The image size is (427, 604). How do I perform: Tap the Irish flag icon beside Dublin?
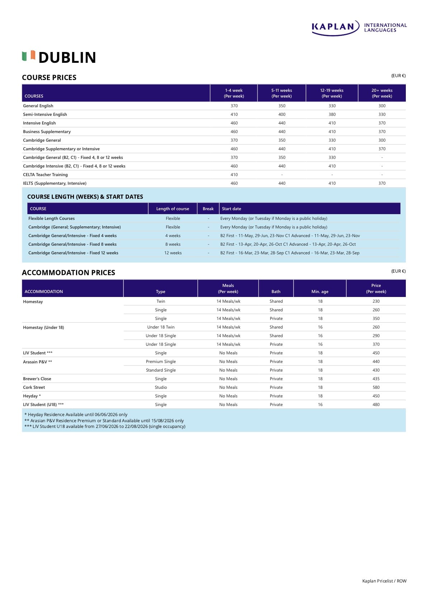click(x=29, y=56)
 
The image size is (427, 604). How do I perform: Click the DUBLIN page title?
click(x=67, y=57)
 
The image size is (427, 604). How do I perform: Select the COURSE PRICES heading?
click(x=49, y=77)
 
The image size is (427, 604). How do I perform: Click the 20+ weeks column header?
click(x=382, y=93)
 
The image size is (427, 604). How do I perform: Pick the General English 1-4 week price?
click(x=234, y=106)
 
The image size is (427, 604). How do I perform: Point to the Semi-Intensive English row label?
click(x=45, y=114)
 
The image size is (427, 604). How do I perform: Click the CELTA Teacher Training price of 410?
click(x=234, y=175)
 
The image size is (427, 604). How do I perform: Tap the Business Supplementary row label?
click(x=47, y=132)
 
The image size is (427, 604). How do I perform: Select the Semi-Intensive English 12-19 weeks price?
click(x=332, y=114)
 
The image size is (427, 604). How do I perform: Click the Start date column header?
click(x=231, y=209)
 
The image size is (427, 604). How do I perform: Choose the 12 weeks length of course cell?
click(x=173, y=253)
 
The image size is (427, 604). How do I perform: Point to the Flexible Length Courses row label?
click(x=51, y=218)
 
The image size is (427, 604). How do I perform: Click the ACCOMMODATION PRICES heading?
click(x=69, y=273)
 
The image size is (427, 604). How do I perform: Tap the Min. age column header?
click(x=320, y=292)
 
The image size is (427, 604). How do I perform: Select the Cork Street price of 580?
click(x=376, y=387)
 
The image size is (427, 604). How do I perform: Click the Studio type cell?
click(x=161, y=387)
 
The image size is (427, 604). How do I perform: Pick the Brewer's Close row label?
click(x=37, y=379)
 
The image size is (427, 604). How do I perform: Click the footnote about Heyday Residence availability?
click(x=76, y=415)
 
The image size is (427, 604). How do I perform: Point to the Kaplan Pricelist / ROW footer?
click(x=384, y=581)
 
